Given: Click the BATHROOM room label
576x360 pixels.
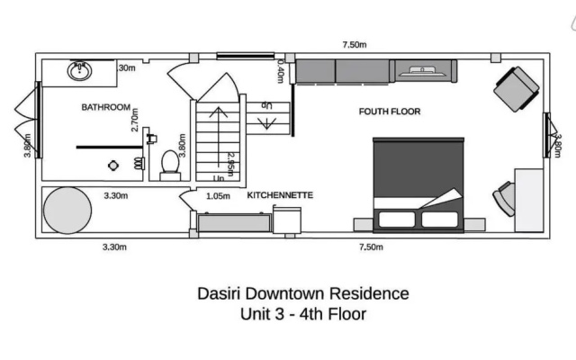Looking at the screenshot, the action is (106, 107).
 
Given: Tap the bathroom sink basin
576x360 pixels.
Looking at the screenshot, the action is (79, 71).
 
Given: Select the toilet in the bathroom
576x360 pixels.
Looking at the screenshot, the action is (170, 166).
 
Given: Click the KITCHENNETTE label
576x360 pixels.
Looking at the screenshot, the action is (280, 195).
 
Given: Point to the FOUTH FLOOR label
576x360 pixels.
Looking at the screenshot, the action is (390, 112).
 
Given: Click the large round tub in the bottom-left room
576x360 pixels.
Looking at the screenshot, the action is (67, 210).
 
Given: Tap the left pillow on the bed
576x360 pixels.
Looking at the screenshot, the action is (397, 220).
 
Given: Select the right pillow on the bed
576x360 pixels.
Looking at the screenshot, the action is (440, 220).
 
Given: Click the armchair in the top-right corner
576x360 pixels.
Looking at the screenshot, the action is (517, 89).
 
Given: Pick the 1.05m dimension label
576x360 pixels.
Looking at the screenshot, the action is (218, 196).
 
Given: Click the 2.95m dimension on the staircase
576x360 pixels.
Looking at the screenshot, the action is (230, 165).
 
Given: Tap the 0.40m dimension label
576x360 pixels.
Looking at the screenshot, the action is (280, 71).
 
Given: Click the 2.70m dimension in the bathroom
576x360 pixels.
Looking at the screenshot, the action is (135, 120).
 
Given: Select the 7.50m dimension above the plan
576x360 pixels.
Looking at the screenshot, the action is (355, 45).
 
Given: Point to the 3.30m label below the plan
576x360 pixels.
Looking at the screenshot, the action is (114, 247).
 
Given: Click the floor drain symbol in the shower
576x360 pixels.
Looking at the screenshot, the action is (113, 166).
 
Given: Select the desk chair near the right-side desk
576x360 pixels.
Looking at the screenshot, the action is (504, 199).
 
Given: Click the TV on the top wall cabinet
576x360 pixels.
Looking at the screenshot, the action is (423, 71).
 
